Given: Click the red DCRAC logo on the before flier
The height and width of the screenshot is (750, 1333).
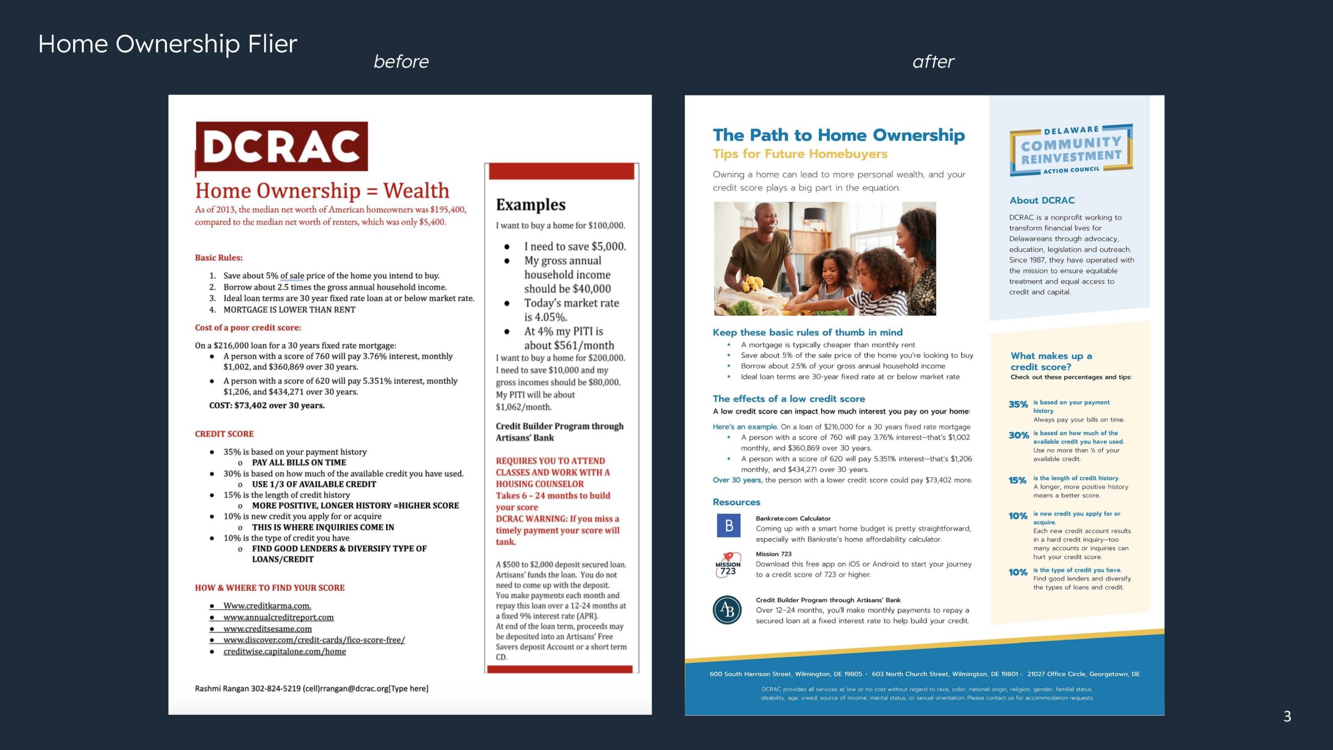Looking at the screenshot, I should [x=282, y=147].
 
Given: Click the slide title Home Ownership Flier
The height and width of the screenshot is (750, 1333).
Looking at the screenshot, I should [x=168, y=44].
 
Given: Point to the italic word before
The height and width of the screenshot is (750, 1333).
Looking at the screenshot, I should [x=401, y=62].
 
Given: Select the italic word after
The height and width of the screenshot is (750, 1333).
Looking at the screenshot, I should [x=933, y=62].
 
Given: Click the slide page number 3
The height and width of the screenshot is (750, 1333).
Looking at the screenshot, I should [x=1287, y=717].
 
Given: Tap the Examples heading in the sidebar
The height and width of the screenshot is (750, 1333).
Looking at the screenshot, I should [x=531, y=205].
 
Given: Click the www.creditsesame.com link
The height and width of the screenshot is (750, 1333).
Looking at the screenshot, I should [x=268, y=629].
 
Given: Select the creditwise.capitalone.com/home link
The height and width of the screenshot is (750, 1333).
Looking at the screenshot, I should [x=284, y=652].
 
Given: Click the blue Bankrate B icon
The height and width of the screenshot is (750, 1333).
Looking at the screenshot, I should [x=728, y=526].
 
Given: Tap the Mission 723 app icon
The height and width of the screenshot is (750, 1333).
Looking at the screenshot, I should [x=728, y=565].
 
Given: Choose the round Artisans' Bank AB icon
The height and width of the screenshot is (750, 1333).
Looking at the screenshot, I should [x=727, y=610].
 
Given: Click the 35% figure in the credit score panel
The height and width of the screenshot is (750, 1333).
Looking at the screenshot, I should [x=1018, y=405].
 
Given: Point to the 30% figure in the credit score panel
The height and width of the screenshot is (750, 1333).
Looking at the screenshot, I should [x=1018, y=435].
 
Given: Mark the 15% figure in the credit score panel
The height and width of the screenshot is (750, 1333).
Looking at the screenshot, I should [x=1017, y=480].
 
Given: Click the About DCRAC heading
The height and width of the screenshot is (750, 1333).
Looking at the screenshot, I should [x=1042, y=201].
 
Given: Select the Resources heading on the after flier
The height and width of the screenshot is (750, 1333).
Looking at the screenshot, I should [x=736, y=502].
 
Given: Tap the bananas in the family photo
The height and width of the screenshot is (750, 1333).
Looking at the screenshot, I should [x=752, y=284].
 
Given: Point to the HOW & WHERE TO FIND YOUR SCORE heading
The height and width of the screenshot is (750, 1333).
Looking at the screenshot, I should [x=270, y=588].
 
